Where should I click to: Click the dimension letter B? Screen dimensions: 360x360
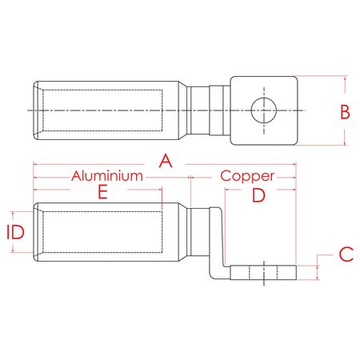(x=345, y=111)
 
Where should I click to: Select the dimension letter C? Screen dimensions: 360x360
(x=345, y=254)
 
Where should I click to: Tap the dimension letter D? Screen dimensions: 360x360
(x=258, y=195)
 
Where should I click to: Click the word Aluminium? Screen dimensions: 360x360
(x=108, y=175)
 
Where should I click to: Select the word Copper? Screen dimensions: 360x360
(x=247, y=175)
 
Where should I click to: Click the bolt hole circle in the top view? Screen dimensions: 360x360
(x=262, y=110)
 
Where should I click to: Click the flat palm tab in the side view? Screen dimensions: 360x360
(x=263, y=272)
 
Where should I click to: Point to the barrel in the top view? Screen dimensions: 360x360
(x=104, y=110)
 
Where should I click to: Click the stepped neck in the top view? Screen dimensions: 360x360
(x=210, y=110)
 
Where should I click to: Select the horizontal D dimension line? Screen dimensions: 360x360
(x=260, y=188)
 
